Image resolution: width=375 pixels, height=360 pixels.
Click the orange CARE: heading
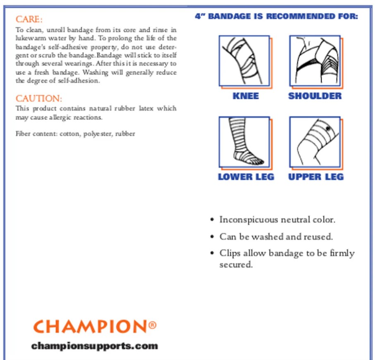(29, 19)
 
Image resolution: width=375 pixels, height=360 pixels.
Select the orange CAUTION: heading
(39, 98)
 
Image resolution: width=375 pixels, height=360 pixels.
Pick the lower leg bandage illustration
(244, 142)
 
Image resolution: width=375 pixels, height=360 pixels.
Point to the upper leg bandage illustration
(315, 142)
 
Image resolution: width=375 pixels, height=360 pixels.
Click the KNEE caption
(245, 96)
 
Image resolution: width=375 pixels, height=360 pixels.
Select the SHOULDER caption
(315, 96)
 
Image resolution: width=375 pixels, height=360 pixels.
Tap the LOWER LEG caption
(246, 177)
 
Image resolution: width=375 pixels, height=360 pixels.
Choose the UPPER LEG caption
(316, 177)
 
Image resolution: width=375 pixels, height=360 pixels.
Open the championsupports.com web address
(94, 346)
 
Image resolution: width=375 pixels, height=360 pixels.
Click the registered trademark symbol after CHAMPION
(152, 325)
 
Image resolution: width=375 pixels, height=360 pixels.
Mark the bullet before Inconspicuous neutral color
(212, 220)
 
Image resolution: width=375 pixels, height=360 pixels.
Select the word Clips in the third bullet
(230, 253)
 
